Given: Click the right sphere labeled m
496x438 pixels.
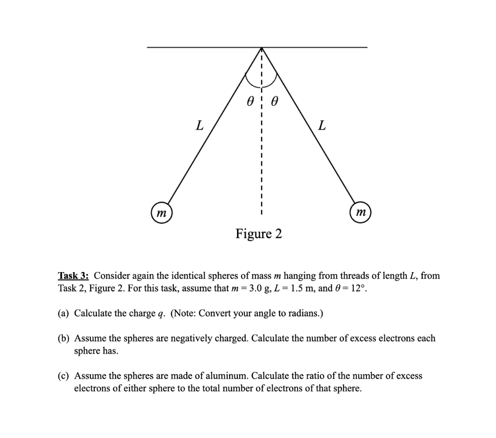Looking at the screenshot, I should [x=361, y=213].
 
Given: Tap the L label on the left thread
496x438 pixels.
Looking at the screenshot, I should [x=199, y=126].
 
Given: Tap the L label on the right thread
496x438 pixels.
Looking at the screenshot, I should [x=322, y=126].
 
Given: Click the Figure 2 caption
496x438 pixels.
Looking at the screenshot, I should [x=259, y=234].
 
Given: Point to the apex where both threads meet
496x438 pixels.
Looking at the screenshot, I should [x=262, y=48].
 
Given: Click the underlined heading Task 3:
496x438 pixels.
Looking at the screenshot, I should [x=74, y=276].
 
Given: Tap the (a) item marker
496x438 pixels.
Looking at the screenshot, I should [x=64, y=313].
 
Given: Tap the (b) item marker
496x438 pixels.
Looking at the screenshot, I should [x=64, y=338].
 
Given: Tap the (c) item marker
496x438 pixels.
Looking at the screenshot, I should [x=64, y=376].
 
